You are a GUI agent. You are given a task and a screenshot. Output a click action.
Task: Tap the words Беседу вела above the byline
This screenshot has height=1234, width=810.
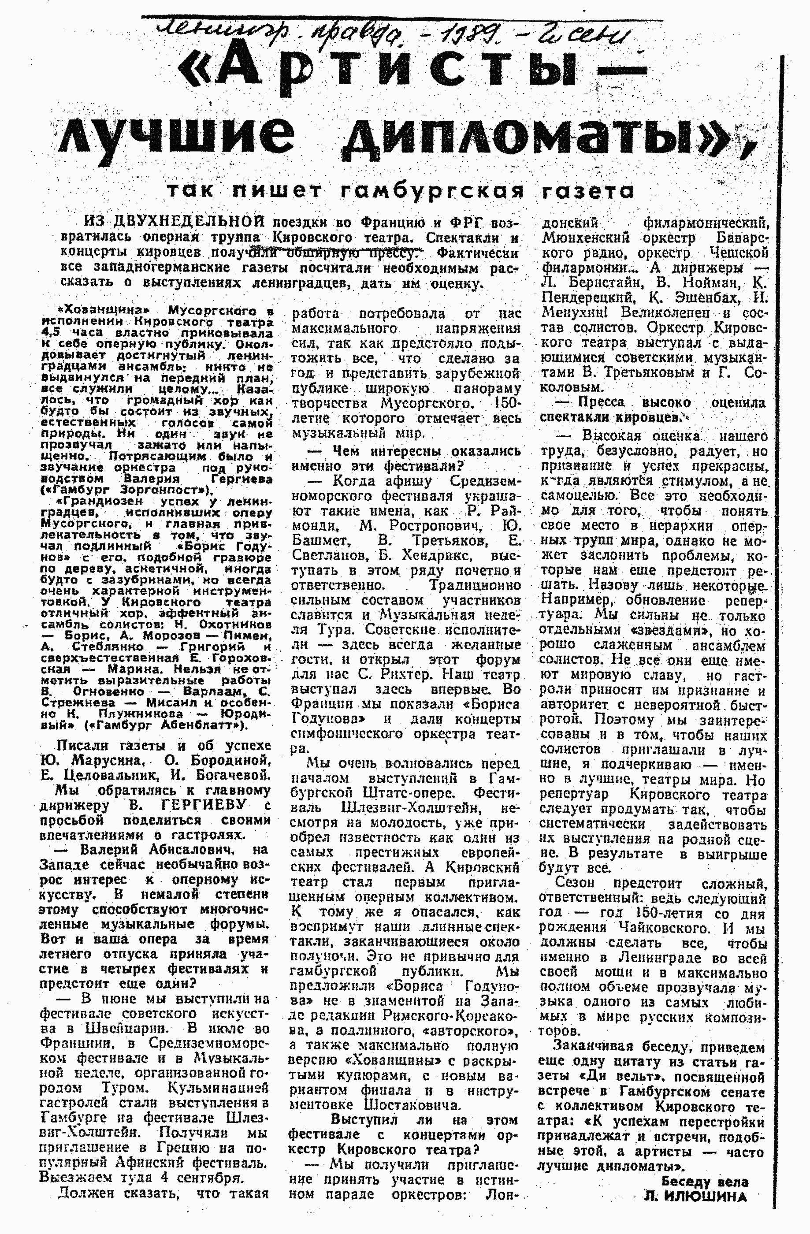(x=705, y=1182)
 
